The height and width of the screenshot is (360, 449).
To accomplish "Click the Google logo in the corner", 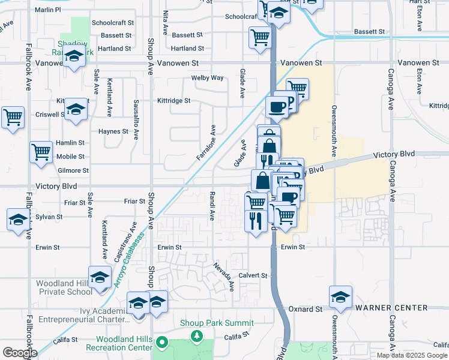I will tap(20, 353).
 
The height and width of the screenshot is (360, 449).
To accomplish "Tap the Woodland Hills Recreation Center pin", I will tap(161, 343).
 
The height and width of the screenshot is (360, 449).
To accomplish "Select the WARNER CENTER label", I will tap(391, 308).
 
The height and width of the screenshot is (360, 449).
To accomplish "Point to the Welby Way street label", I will tap(207, 78).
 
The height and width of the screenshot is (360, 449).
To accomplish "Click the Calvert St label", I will tap(252, 275).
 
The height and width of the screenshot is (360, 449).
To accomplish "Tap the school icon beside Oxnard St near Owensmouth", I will tap(340, 296).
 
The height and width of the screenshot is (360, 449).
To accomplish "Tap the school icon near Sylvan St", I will tap(18, 219).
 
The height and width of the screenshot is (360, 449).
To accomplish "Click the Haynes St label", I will tap(113, 131).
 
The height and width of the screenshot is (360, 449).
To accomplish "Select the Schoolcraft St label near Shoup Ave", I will tap(112, 23).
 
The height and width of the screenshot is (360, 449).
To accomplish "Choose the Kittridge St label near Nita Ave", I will tap(173, 101).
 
